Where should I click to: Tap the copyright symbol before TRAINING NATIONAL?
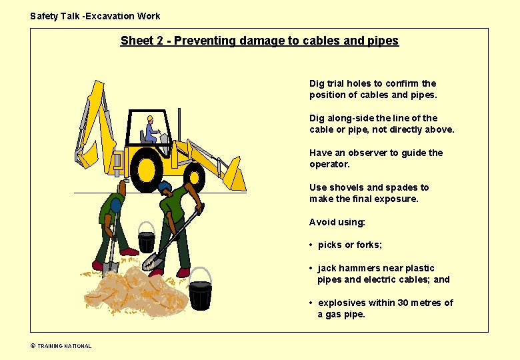(x=33, y=346)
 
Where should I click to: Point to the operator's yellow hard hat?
(x=150, y=119)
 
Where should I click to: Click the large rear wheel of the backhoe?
(x=146, y=170)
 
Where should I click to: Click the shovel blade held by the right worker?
(x=153, y=263)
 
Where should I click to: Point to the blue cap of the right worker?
(x=165, y=185)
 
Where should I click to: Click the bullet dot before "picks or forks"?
(x=311, y=245)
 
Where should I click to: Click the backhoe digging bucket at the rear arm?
(x=87, y=155)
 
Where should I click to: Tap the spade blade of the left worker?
(x=110, y=268)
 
